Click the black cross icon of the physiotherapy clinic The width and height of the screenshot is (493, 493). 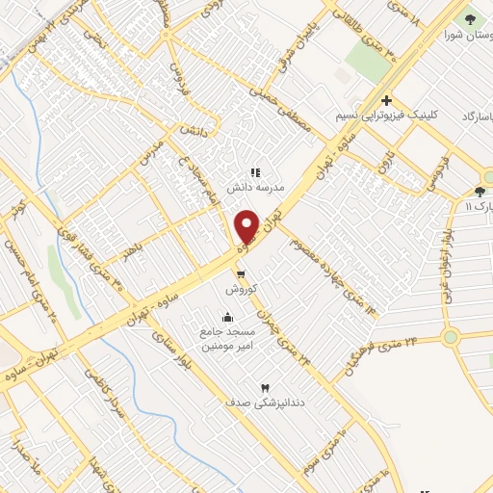click(386, 100)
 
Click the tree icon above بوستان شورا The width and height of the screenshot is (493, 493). click(471, 18)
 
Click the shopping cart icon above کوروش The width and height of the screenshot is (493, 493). click(239, 273)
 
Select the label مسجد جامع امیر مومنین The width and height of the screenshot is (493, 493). click(228, 339)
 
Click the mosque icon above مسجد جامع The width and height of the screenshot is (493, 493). click(227, 317)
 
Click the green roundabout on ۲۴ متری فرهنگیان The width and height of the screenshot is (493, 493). click(451, 337)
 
